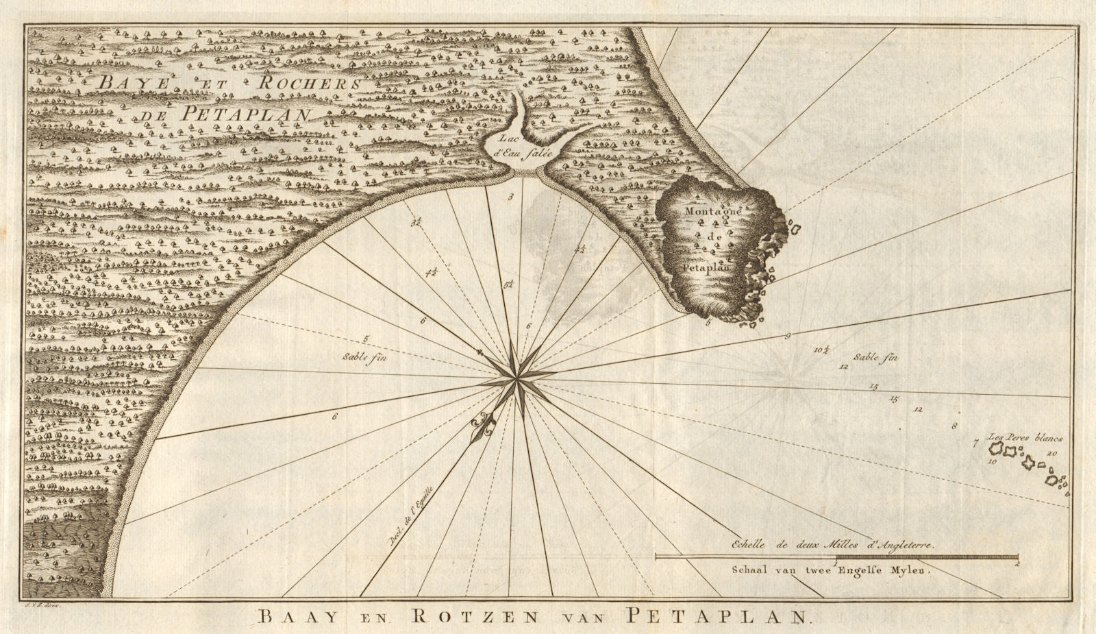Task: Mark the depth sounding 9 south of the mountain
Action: point(788,336)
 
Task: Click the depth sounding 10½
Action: point(821,350)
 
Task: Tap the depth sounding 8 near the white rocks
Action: point(954,426)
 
